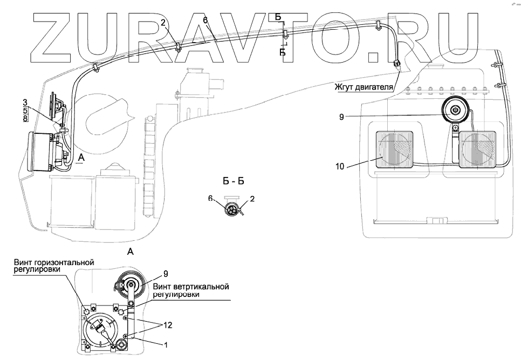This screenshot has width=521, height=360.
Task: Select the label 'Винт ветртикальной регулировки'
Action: click(x=191, y=290)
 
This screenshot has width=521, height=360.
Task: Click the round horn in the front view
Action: click(x=455, y=111)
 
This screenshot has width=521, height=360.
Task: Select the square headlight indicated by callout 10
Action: click(x=394, y=150)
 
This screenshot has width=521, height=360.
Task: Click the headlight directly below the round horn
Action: click(x=477, y=151)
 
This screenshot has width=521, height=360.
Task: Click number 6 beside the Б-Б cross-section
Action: click(x=211, y=199)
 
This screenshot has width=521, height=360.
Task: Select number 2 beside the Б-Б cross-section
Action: click(x=252, y=199)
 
